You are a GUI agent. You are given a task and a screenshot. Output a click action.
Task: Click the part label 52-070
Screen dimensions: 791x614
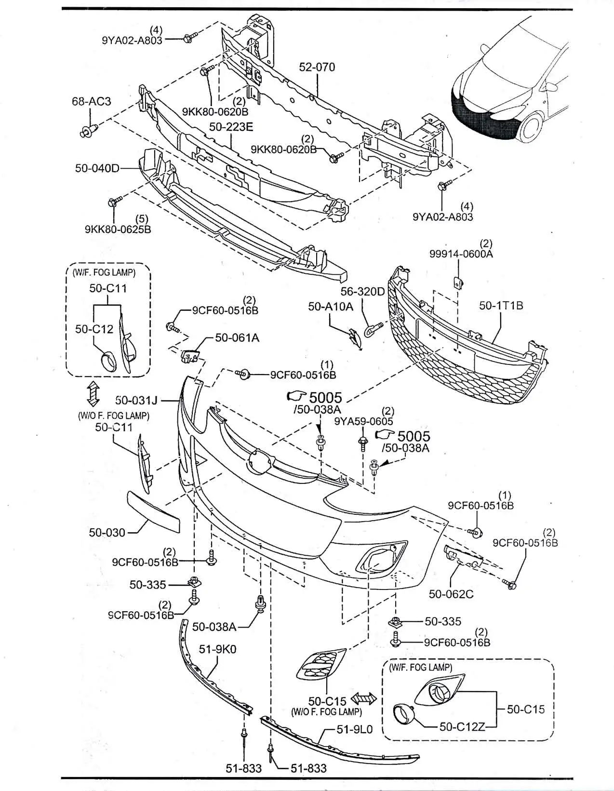(317, 67)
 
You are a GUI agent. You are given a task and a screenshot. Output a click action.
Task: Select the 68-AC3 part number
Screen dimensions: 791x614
(92, 101)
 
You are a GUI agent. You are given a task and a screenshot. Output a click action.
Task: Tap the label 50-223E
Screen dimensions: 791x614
(231, 127)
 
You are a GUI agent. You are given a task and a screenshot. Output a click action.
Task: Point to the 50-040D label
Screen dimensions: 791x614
(97, 168)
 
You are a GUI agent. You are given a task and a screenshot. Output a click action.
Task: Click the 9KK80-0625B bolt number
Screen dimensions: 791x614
(118, 229)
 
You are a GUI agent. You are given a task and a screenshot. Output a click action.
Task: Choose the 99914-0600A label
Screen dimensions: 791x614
(461, 254)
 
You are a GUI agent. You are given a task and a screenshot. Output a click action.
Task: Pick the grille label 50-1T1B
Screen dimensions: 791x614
(501, 305)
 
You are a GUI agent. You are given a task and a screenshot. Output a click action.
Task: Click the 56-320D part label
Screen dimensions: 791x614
(362, 291)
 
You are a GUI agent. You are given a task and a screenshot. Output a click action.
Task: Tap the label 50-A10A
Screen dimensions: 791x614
(331, 306)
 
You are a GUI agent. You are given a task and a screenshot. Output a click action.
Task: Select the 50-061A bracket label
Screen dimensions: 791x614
(237, 338)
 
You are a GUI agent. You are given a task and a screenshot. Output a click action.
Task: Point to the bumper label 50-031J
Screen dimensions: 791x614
(137, 400)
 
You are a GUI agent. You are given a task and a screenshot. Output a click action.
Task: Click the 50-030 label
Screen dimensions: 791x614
(107, 533)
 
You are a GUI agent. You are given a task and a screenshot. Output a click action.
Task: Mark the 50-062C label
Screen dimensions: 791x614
(451, 594)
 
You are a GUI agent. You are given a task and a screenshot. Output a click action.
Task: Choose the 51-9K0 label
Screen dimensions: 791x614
(217, 649)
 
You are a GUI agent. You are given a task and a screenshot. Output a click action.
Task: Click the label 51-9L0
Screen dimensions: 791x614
(355, 729)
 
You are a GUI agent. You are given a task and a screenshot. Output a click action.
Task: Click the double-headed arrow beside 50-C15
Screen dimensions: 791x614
(364, 698)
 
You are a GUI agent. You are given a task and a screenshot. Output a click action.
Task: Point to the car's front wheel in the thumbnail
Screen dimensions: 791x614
(532, 125)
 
